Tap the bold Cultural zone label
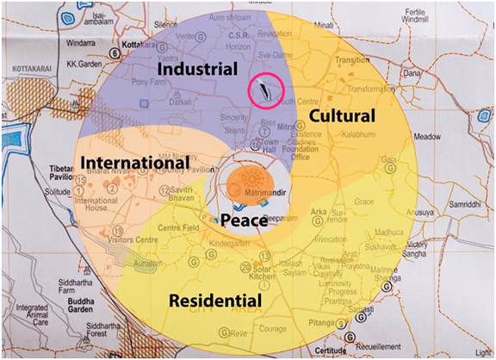pyautogui.click(x=342, y=115)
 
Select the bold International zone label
pyautogui.click(x=134, y=162)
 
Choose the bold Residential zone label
pyautogui.click(x=214, y=301)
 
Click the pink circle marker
pyautogui.click(x=265, y=89)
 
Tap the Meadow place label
pyautogui.click(x=427, y=137)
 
